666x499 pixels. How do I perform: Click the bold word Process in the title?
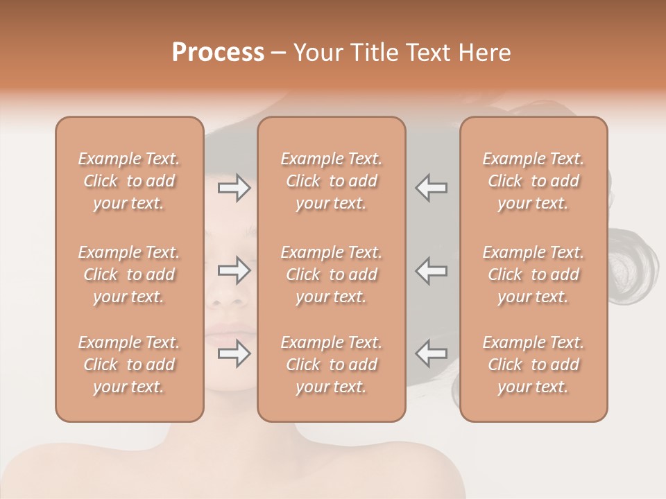(218, 53)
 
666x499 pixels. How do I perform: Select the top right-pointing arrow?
(234, 188)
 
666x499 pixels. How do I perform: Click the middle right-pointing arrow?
(234, 270)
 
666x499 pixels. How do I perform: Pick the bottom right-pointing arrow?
(234, 354)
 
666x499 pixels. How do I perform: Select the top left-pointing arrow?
(432, 188)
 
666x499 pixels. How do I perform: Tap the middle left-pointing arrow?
(432, 270)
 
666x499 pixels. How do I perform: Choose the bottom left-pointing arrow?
(432, 354)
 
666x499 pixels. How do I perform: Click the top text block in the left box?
(129, 181)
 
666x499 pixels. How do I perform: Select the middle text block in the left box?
(129, 274)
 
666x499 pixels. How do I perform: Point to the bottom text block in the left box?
(129, 365)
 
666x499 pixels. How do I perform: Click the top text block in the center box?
(332, 181)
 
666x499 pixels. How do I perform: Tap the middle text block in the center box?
(332, 274)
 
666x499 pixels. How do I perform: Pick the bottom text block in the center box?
(332, 365)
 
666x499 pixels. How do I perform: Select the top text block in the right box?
(533, 181)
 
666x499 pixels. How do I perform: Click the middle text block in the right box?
(533, 274)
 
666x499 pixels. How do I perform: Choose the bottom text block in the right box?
(533, 365)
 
